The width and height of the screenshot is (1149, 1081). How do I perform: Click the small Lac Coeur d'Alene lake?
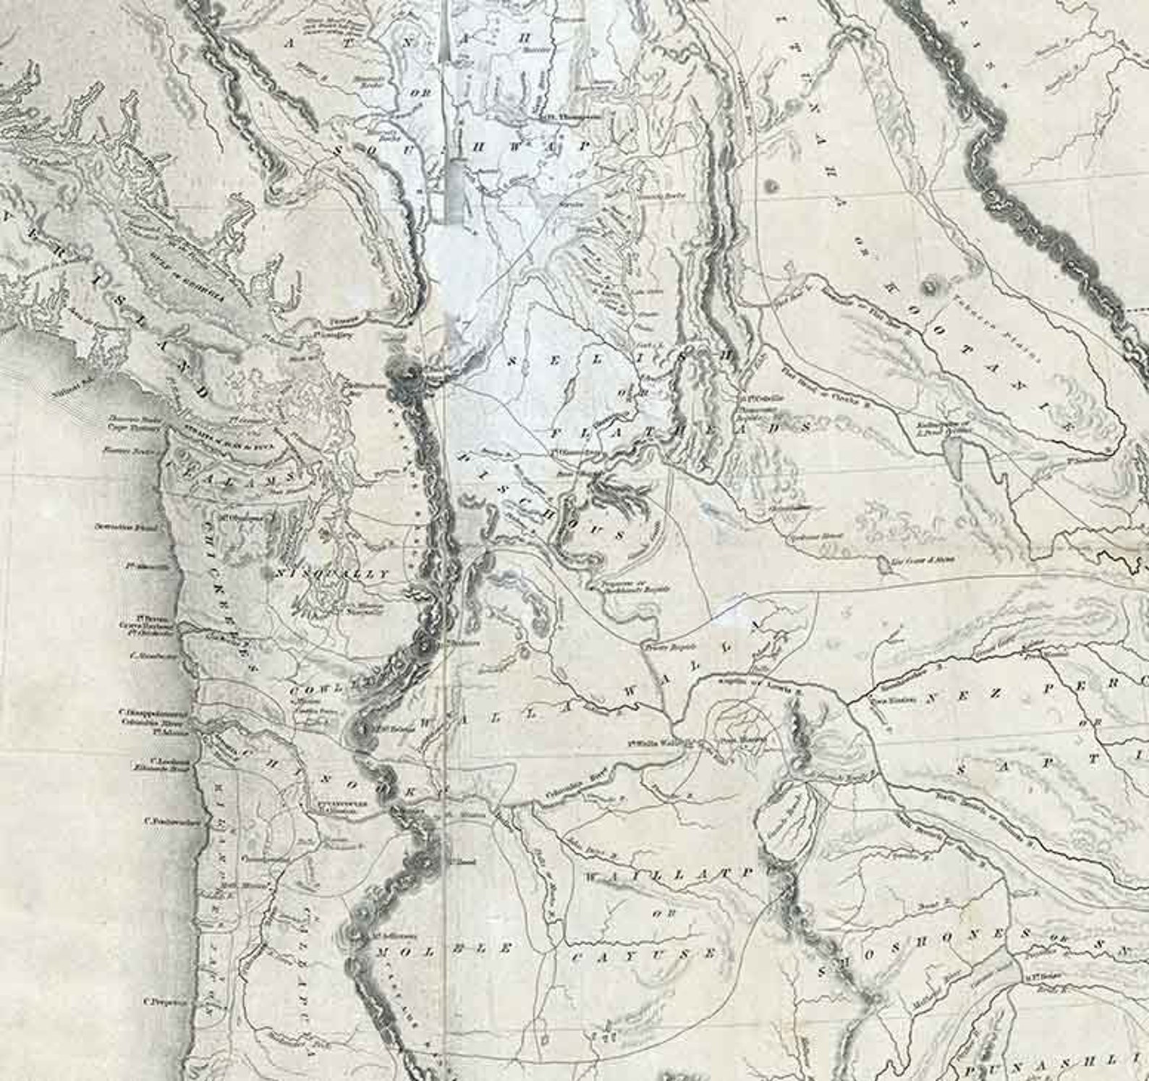point(885,564)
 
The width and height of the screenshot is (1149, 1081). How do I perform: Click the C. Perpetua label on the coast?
point(166,1002)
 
